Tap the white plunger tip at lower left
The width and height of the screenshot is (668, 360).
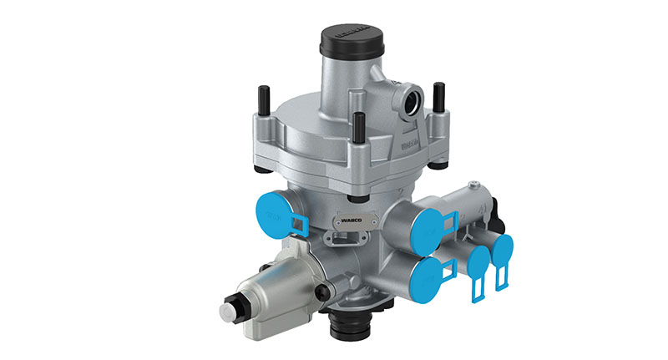227,312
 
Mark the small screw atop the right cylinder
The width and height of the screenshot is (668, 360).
473,181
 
